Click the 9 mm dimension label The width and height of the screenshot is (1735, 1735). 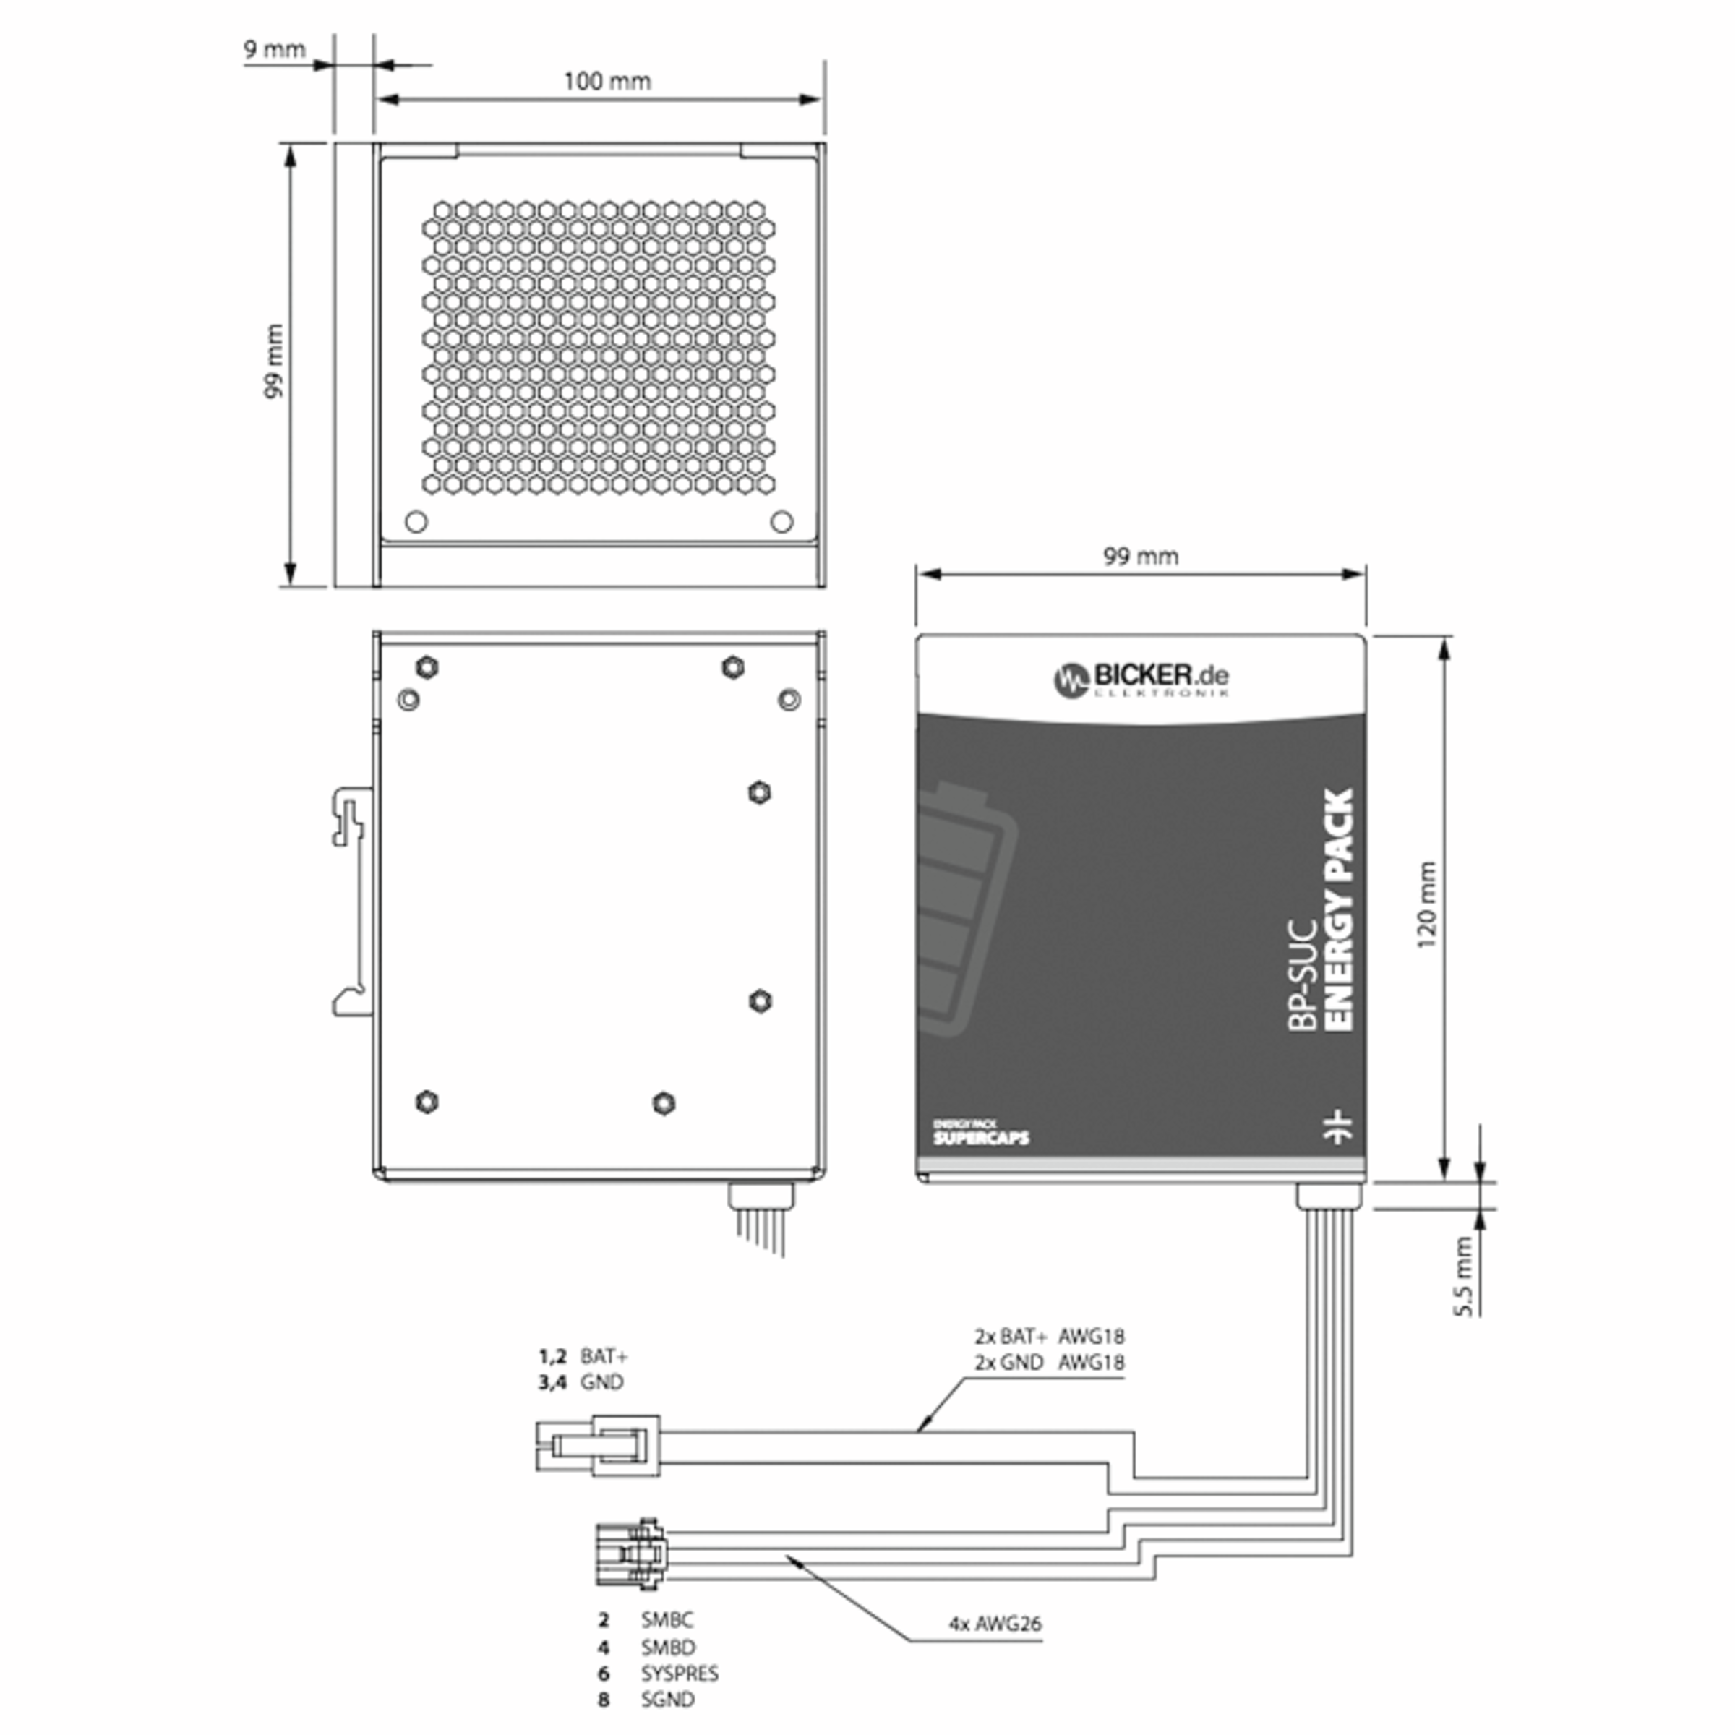coord(275,49)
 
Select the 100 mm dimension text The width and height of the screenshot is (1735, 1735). coord(607,82)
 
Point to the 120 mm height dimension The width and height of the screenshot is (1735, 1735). coord(1426,905)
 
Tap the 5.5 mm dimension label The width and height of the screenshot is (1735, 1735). coord(1463,1276)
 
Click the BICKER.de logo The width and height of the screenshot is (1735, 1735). coord(1141,678)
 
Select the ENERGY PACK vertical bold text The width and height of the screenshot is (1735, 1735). coord(1338,909)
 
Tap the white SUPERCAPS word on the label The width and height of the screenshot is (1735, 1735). coord(981,1139)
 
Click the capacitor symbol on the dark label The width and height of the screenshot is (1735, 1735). coord(1338,1126)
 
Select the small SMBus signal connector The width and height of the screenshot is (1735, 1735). coord(630,1554)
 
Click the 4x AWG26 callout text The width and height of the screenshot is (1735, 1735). coord(995,1624)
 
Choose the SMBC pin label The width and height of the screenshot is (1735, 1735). coord(667,1620)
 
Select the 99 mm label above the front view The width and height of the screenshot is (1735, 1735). coord(1141,557)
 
